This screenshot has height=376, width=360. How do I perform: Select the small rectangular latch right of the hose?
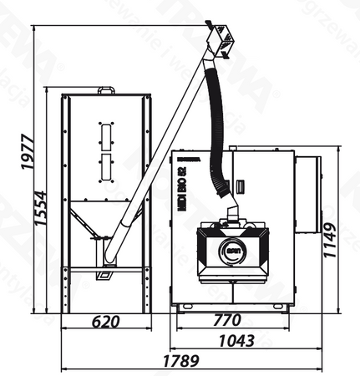(239, 185)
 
